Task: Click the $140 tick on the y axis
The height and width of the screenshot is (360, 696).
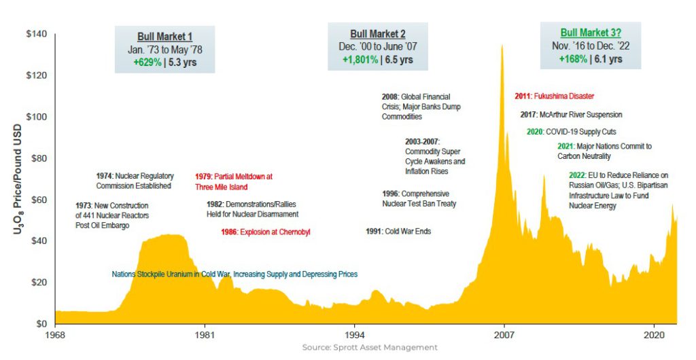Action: (37, 34)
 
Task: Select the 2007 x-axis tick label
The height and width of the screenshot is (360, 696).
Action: (504, 335)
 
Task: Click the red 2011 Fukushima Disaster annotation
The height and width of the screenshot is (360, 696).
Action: (555, 96)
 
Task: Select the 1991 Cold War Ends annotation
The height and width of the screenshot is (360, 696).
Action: (398, 232)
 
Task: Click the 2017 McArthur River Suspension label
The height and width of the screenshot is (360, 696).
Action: (571, 115)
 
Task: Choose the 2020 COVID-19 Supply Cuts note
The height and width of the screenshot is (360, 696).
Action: (571, 132)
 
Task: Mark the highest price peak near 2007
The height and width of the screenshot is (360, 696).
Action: (502, 46)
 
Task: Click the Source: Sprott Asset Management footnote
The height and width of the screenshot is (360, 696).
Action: (370, 347)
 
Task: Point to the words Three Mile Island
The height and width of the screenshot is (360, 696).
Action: (221, 187)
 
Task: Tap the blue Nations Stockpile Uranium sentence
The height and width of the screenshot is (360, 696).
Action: (234, 274)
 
